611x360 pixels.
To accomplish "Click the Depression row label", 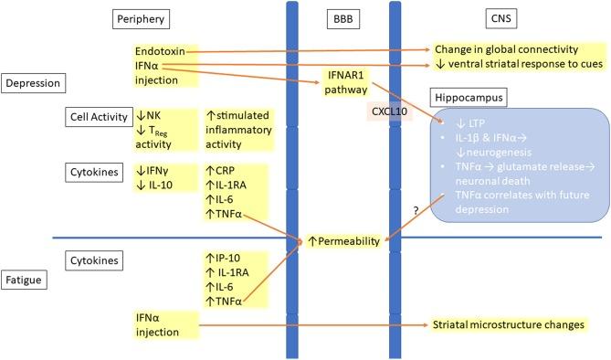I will pyautogui.click(x=32, y=83).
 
